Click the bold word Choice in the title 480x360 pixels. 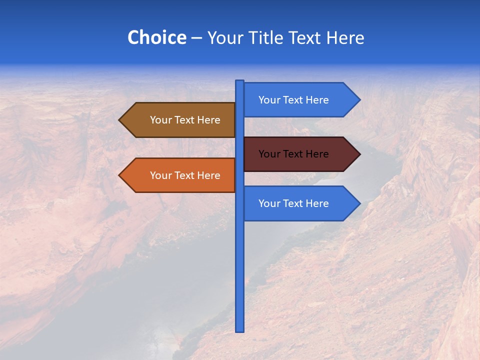tap(156, 38)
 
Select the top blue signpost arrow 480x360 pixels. tap(300, 100)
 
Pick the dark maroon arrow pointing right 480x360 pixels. tap(300, 154)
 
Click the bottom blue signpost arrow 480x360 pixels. tap(300, 203)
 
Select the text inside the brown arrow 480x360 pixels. tap(185, 120)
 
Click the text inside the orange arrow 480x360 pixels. tap(185, 175)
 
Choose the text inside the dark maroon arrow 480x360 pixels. tap(293, 154)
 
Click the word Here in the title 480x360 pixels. tap(345, 38)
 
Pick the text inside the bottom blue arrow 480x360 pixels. tap(293, 203)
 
